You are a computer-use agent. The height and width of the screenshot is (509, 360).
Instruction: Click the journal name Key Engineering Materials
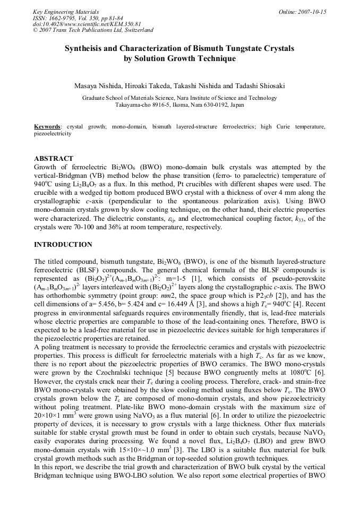click(x=61, y=11)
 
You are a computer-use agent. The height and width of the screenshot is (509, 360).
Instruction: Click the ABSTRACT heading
click(x=54, y=159)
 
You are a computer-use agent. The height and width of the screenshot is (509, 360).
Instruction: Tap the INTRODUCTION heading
click(x=63, y=245)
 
